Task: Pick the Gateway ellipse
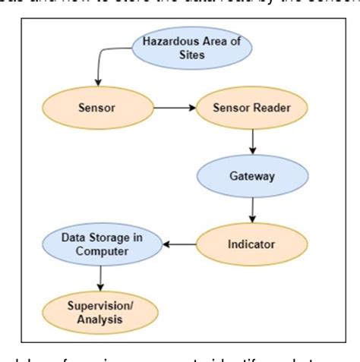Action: pyautogui.click(x=253, y=177)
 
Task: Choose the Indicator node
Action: pyautogui.click(x=251, y=245)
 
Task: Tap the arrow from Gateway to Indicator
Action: pyautogui.click(x=253, y=210)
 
